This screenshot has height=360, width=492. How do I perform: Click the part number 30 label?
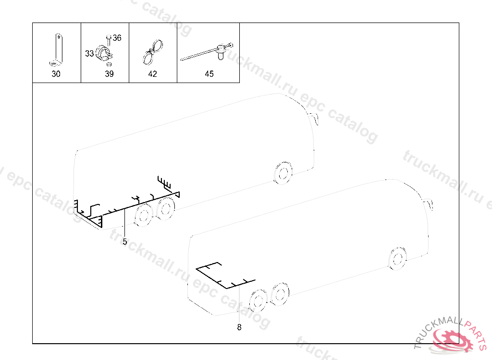click(56, 74)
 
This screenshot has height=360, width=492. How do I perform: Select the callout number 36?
click(117, 38)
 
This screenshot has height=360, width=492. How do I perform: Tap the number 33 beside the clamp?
click(89, 54)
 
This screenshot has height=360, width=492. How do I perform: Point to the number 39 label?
click(109, 74)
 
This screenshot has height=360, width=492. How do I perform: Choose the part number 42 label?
click(152, 74)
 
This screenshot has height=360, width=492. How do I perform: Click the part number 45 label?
click(209, 74)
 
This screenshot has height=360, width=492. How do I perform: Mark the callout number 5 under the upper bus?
click(125, 241)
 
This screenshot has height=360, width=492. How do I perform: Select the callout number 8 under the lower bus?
click(239, 327)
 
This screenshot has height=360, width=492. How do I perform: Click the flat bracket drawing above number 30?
click(57, 50)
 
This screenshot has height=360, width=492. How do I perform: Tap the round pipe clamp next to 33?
click(104, 53)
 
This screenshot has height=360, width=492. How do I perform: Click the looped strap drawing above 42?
click(153, 52)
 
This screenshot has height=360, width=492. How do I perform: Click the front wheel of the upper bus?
click(283, 173)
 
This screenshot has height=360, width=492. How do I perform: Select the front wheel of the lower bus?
click(397, 258)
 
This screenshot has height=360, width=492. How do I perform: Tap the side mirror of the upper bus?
click(314, 118)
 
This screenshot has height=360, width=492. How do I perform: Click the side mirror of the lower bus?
click(428, 204)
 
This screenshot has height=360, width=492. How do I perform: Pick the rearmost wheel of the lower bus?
click(258, 301)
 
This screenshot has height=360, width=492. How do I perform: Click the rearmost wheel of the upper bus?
click(143, 215)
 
